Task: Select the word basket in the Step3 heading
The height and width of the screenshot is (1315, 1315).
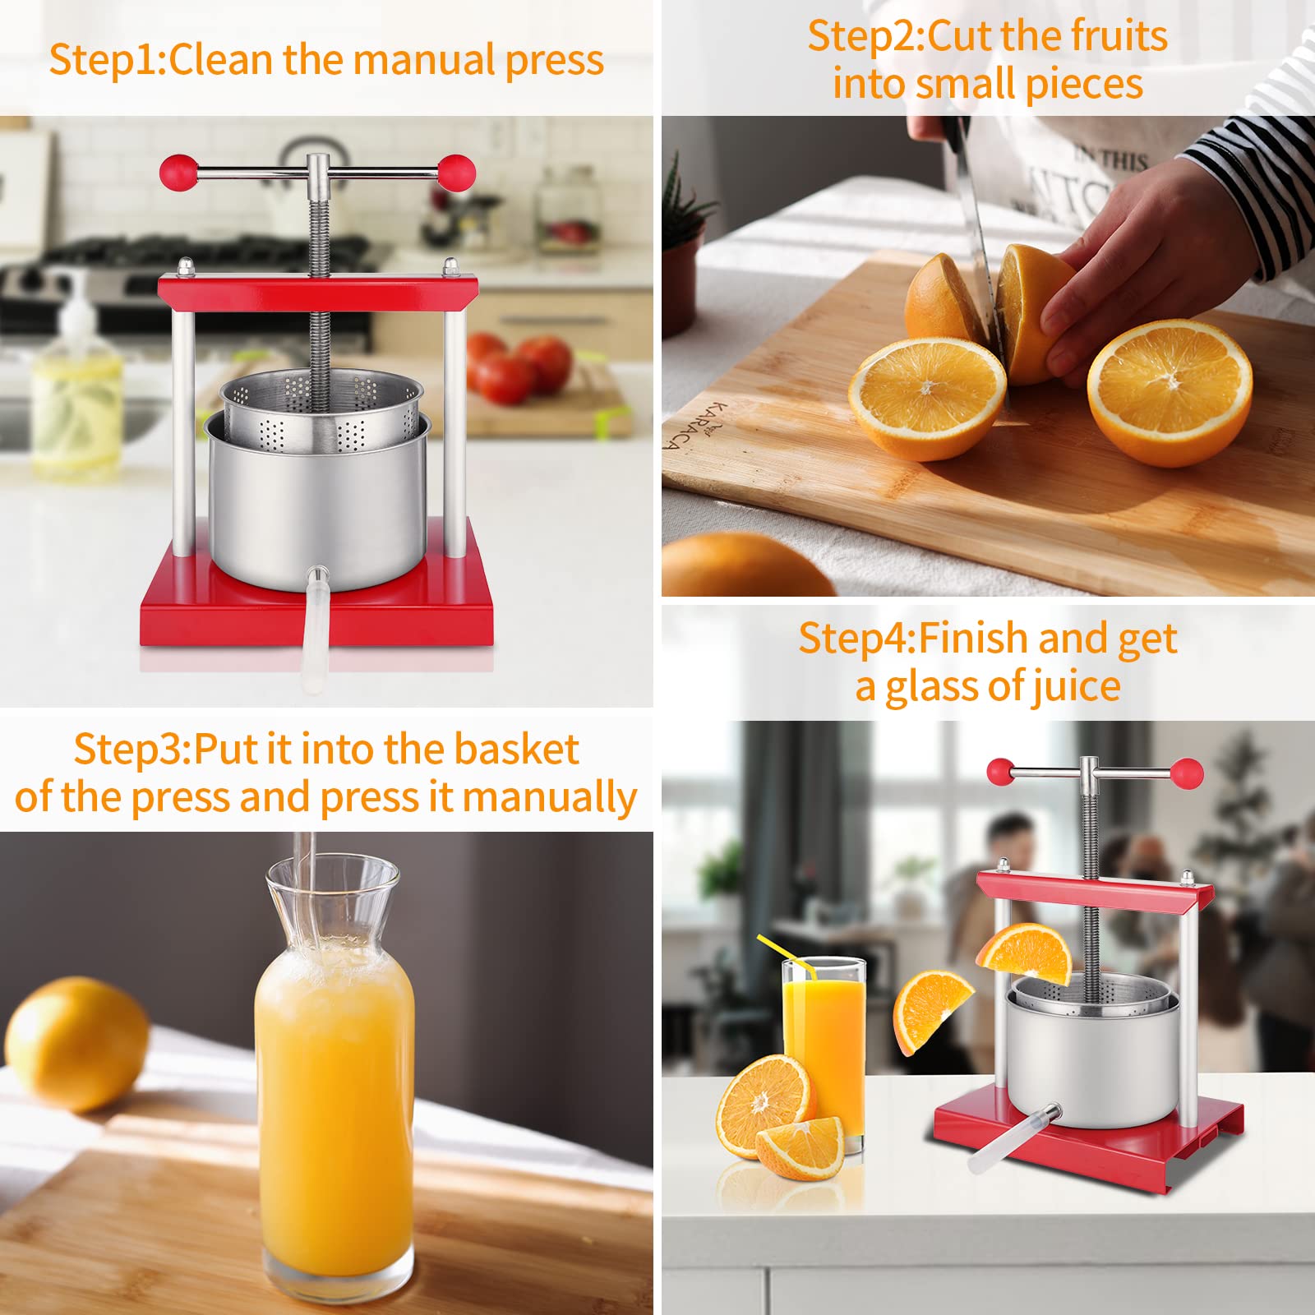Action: coord(516,749)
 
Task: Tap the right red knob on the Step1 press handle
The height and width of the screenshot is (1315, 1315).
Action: coord(456,173)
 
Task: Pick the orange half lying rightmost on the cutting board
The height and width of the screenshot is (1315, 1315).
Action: coord(1170,392)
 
